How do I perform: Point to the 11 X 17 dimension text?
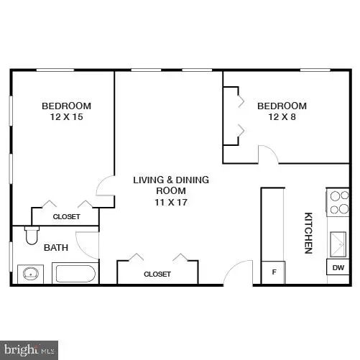tap(171, 202)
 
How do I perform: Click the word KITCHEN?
tap(308, 232)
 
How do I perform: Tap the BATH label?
tap(55, 248)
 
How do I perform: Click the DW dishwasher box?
tap(338, 268)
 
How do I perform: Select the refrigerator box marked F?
tap(274, 272)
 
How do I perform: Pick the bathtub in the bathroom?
tap(75, 274)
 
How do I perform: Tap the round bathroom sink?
tap(31, 274)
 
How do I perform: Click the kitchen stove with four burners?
tap(338, 202)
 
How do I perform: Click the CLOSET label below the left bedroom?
tap(66, 216)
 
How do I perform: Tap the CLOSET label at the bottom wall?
tap(157, 274)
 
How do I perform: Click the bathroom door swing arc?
tap(88, 244)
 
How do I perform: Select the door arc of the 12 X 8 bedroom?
tap(267, 154)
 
